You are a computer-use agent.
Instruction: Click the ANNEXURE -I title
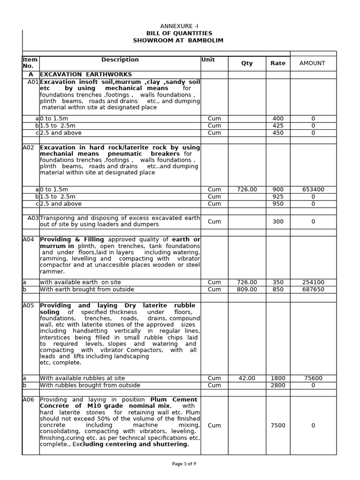(x=180, y=26)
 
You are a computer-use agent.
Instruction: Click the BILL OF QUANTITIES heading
(x=180, y=33)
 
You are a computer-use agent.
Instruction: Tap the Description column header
(x=120, y=60)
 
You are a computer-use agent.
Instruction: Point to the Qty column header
(x=247, y=63)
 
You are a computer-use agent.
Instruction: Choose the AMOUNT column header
(x=312, y=63)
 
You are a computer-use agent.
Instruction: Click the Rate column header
(x=277, y=63)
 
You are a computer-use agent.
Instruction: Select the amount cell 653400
(x=313, y=189)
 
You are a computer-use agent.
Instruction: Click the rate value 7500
(x=277, y=426)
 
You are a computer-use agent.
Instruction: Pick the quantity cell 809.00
(x=247, y=290)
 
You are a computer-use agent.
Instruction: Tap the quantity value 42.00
(x=247, y=378)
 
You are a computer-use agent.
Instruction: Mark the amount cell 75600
(x=313, y=378)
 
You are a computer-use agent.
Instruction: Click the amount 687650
(x=313, y=290)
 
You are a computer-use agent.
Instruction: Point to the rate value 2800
(x=277, y=385)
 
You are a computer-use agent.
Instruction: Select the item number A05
(x=29, y=306)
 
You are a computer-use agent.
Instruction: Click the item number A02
(x=29, y=147)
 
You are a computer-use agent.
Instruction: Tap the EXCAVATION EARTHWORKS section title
(x=86, y=75)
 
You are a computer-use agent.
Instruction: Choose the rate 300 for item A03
(x=277, y=222)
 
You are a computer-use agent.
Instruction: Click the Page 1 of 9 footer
(x=184, y=464)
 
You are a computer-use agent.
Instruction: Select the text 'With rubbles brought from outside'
(x=90, y=385)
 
